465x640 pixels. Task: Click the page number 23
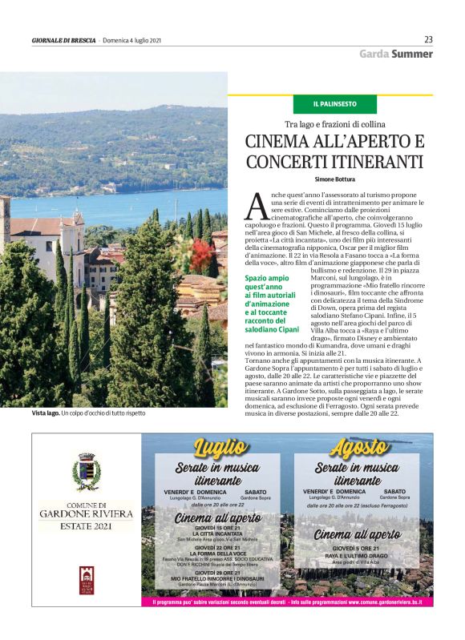428,39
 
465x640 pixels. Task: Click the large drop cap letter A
256,207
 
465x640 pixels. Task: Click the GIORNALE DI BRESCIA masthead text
63,40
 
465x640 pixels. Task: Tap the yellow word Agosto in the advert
358,447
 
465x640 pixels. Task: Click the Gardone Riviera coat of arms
86,471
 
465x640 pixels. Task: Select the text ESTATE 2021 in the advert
86,526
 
